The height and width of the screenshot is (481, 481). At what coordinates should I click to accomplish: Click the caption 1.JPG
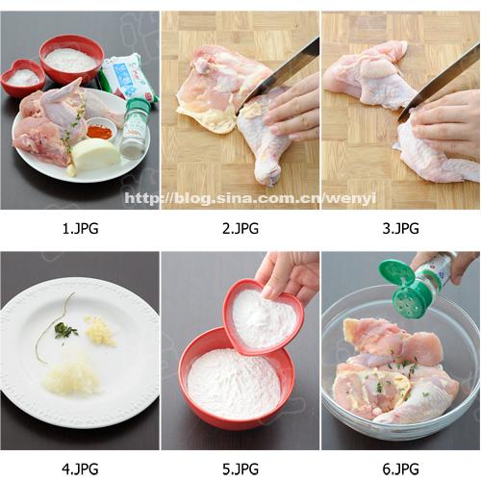point(80,229)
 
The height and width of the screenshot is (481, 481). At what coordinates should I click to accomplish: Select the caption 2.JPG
point(240,229)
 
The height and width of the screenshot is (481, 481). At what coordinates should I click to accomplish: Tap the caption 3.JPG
point(401,229)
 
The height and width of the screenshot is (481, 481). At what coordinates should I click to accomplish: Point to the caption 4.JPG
point(80,469)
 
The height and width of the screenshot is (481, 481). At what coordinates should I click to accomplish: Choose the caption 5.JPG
point(240,469)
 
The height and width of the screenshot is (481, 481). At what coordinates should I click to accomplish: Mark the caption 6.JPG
point(401,469)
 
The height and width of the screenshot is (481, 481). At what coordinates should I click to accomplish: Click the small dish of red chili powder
point(99,129)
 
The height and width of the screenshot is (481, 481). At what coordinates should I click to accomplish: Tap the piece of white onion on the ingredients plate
point(95,154)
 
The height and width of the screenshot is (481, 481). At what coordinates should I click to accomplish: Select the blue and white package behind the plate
point(128,77)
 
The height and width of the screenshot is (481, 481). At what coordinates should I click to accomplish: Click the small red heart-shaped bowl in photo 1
point(23,78)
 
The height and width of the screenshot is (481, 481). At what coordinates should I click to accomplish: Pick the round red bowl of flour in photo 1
point(71,60)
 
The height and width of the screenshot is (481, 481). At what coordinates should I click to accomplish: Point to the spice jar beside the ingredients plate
point(135,128)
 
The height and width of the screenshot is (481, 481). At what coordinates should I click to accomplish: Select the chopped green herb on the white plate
point(65,330)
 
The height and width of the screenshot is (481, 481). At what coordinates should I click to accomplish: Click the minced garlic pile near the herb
point(101,331)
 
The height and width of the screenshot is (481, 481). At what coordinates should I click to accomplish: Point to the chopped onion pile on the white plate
point(72,377)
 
